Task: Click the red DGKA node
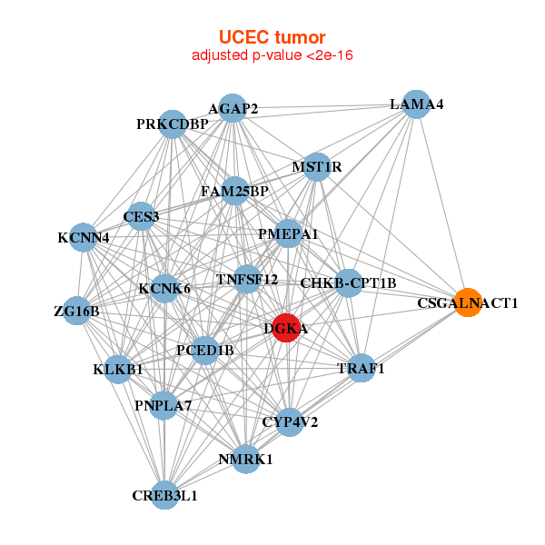pyautogui.click(x=285, y=329)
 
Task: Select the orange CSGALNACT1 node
pyautogui.click(x=467, y=302)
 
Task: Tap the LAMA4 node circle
pyautogui.click(x=416, y=104)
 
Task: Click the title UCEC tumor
pyautogui.click(x=272, y=37)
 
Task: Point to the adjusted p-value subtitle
pyautogui.click(x=272, y=55)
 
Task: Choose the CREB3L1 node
pyautogui.click(x=164, y=495)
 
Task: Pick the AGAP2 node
pyautogui.click(x=233, y=109)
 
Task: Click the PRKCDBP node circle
pyautogui.click(x=173, y=124)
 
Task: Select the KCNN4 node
pyautogui.click(x=84, y=238)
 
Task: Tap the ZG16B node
pyautogui.click(x=77, y=312)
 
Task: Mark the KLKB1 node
pyautogui.click(x=118, y=369)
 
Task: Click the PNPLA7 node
pyautogui.click(x=163, y=405)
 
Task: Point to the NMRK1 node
pyautogui.click(x=245, y=459)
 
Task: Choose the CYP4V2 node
pyautogui.click(x=290, y=421)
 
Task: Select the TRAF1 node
pyautogui.click(x=362, y=369)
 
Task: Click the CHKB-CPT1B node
pyautogui.click(x=349, y=282)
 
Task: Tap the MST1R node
pyautogui.click(x=316, y=167)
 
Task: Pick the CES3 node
pyautogui.click(x=142, y=216)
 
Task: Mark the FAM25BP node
pyautogui.click(x=234, y=192)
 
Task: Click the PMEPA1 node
pyautogui.click(x=288, y=234)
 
